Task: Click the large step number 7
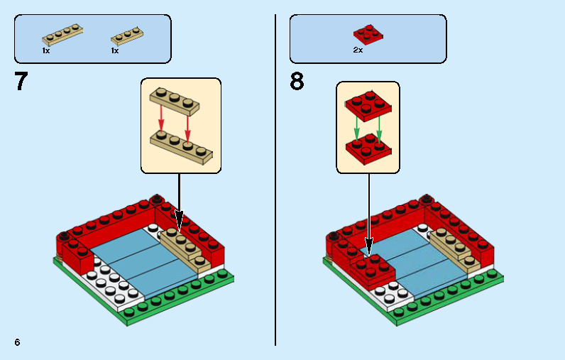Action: pyautogui.click(x=21, y=82)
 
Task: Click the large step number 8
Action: pyautogui.click(x=297, y=82)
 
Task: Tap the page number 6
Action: pyautogui.click(x=17, y=342)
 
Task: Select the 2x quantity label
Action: pyautogui.click(x=358, y=50)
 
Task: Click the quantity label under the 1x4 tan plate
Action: pyautogui.click(x=46, y=50)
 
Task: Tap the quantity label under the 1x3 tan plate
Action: pyautogui.click(x=115, y=50)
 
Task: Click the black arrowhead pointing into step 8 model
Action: pyautogui.click(x=368, y=246)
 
